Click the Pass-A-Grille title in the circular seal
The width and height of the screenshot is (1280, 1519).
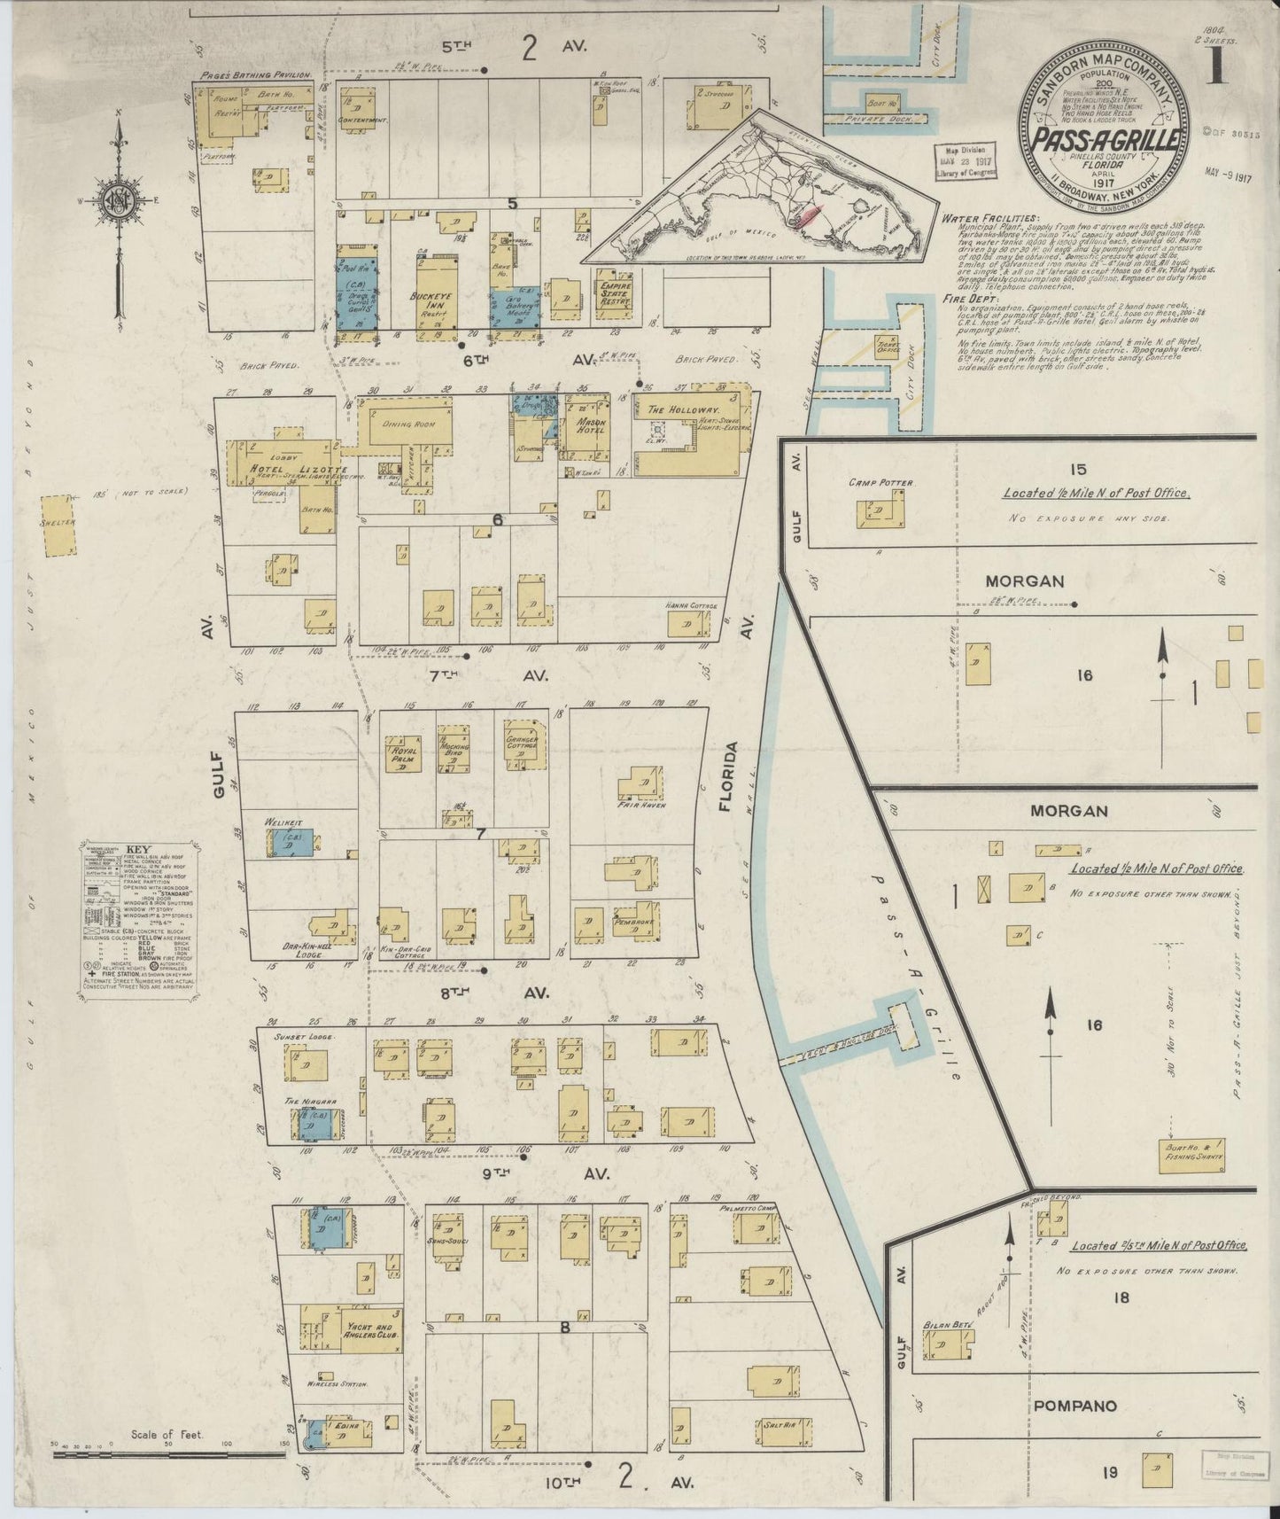1104,139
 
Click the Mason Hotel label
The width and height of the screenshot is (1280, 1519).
589,427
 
